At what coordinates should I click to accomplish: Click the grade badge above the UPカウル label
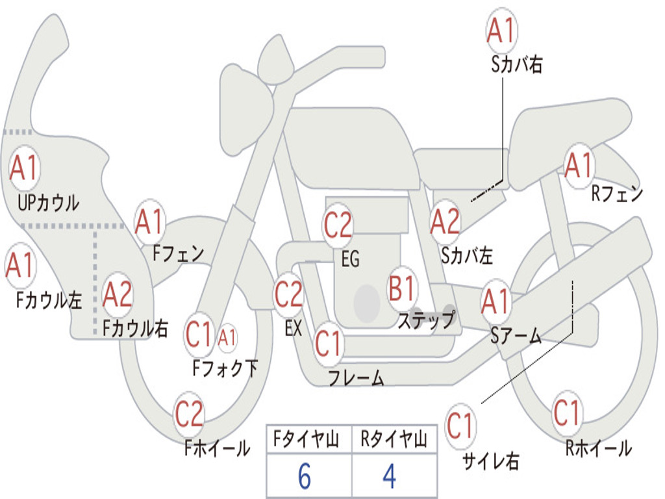(x=24, y=168)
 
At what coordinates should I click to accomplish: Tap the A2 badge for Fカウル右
(x=118, y=295)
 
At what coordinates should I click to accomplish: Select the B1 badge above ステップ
(x=402, y=288)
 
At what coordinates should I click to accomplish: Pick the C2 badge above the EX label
(x=288, y=294)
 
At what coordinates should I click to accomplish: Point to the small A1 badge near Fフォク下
(x=227, y=337)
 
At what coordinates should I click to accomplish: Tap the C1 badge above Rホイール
(x=566, y=412)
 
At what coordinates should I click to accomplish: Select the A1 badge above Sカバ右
(x=501, y=31)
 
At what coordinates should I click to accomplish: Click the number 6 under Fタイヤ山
(x=305, y=477)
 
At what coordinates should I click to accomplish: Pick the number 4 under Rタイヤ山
(x=390, y=477)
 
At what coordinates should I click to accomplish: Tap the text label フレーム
(x=356, y=378)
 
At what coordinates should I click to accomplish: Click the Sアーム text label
(x=516, y=335)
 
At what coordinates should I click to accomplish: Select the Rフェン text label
(x=617, y=194)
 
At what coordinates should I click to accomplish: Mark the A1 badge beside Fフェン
(x=149, y=222)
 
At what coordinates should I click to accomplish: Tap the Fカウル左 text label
(x=50, y=300)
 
